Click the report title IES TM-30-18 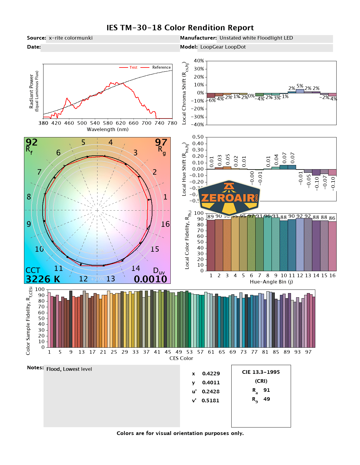click(x=180, y=28)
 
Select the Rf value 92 click(x=31, y=142)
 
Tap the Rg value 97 click(x=161, y=142)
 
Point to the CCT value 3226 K click(x=43, y=279)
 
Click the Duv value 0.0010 click(x=150, y=279)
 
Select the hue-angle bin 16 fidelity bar click(x=332, y=246)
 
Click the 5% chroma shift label click(x=300, y=86)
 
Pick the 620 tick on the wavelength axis click(x=121, y=123)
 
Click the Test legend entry click(x=133, y=67)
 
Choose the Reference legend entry click(x=161, y=67)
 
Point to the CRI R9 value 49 click(x=267, y=399)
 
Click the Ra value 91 click(x=267, y=390)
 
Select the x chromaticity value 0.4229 click(x=211, y=373)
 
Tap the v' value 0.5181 click(x=210, y=400)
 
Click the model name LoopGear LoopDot click(x=223, y=47)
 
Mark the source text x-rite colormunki click(x=70, y=38)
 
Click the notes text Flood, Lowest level click(x=69, y=369)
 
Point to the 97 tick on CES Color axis click(x=308, y=352)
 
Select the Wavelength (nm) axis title click(x=108, y=130)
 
